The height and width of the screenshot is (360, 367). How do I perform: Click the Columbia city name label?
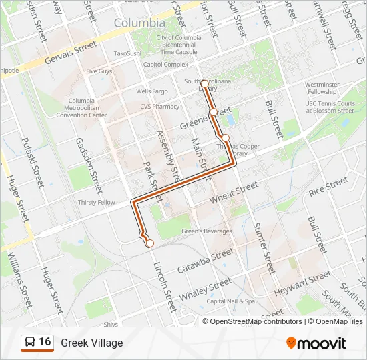[x=139, y=23]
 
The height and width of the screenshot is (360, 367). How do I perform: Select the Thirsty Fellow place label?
[x=97, y=202]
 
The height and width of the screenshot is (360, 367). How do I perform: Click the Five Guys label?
[x=99, y=71]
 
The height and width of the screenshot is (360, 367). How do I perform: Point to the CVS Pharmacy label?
[x=160, y=106]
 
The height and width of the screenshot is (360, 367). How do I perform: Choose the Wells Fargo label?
[x=151, y=91]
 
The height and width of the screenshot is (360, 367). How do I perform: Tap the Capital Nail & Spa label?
[x=231, y=301]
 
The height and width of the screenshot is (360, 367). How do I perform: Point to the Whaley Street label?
[x=210, y=289]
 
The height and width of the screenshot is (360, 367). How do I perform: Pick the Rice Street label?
[x=328, y=186]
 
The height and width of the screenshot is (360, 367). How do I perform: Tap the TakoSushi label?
[x=127, y=53]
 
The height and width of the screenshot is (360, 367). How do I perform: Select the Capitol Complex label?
[x=166, y=65]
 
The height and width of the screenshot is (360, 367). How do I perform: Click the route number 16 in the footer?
[x=45, y=342]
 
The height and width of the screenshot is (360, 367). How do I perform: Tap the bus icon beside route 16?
[x=30, y=343]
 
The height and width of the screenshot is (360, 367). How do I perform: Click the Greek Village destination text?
[x=92, y=343]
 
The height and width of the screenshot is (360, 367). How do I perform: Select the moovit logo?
[x=316, y=343]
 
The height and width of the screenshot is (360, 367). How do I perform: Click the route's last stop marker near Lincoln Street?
[x=150, y=243]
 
